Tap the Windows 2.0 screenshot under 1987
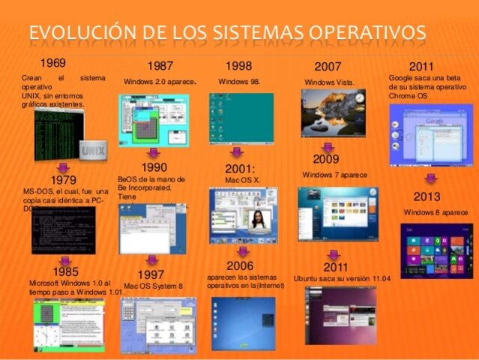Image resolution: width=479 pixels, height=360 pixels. [x=153, y=119]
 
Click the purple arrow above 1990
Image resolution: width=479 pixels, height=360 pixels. [x=153, y=152]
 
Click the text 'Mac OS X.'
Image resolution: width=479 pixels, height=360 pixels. [x=242, y=180]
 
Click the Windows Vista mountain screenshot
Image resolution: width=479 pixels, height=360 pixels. [x=333, y=112]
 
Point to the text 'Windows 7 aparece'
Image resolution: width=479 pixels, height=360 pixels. [x=334, y=175]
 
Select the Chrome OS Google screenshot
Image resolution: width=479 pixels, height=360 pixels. [x=430, y=134]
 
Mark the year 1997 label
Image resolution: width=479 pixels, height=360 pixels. [x=151, y=275]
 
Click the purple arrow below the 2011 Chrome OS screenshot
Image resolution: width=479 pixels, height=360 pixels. [x=431, y=179]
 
